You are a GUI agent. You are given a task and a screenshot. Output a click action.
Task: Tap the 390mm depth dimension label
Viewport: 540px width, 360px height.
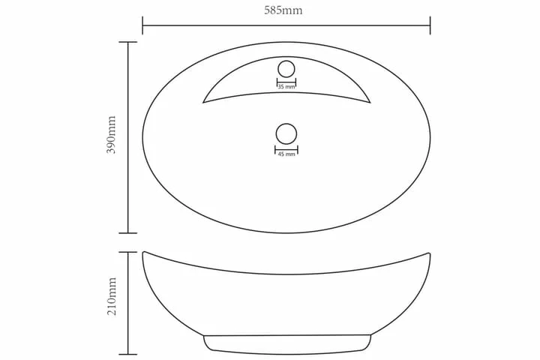coord(112,135)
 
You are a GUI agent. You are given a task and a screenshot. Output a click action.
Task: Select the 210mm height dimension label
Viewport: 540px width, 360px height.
coord(112,295)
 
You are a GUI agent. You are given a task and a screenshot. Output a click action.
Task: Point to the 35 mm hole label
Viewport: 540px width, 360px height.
coord(286,88)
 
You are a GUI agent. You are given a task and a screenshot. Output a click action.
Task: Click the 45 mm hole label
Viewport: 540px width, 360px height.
coord(286,154)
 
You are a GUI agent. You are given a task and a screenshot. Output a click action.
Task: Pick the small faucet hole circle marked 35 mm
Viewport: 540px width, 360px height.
coord(286,69)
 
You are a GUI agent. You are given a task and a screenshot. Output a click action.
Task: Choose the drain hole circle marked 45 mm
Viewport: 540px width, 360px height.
coord(286,133)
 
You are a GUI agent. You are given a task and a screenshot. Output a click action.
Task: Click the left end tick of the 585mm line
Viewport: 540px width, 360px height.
coord(142,25)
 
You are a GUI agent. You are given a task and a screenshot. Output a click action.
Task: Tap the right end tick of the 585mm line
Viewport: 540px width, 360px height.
coord(430,25)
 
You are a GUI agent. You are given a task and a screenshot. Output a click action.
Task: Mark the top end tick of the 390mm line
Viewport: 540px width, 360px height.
coord(128,42)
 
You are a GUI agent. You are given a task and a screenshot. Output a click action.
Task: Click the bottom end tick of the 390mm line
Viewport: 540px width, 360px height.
coord(128,233)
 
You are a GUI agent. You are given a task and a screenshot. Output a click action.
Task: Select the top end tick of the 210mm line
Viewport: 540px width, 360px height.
coord(128,253)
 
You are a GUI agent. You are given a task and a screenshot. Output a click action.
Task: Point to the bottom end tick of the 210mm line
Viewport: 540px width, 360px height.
coord(128,354)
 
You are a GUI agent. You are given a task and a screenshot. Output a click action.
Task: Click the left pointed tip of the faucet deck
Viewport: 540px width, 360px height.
coord(203,102)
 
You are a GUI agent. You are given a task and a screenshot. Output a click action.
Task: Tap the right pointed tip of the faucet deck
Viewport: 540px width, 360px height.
coord(370,102)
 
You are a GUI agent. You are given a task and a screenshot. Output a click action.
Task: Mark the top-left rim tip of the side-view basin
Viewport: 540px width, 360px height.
coord(143,253)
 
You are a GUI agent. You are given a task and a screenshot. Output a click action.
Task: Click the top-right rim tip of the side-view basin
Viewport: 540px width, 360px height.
coord(430,253)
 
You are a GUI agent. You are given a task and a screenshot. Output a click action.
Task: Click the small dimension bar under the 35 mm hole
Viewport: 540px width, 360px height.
coord(286,81)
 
